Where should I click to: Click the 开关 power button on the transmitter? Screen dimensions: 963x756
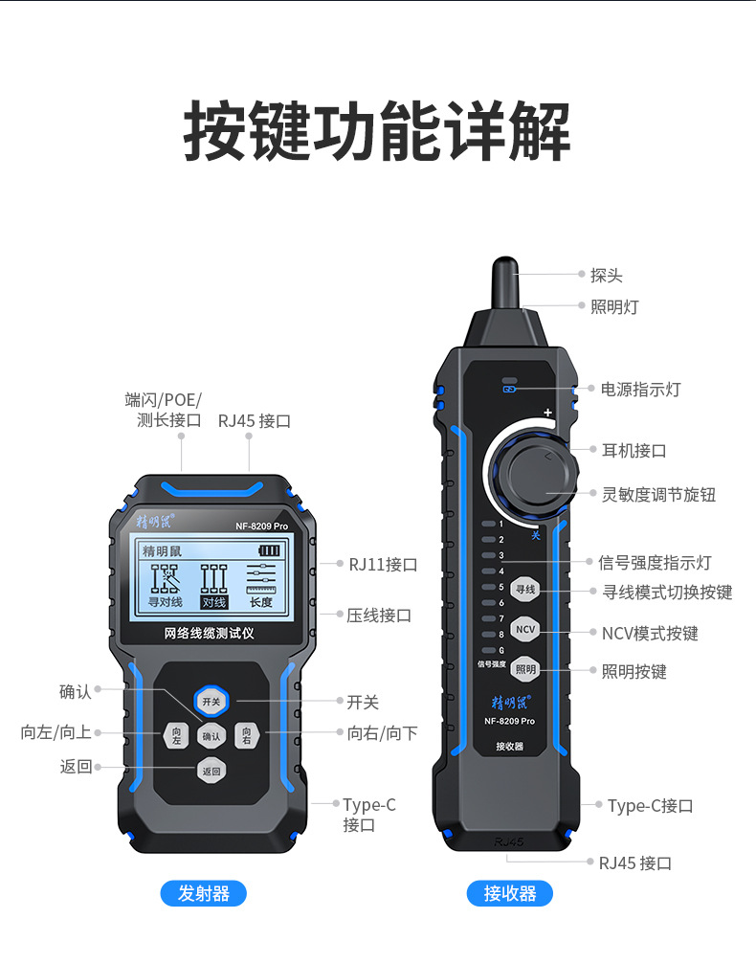tap(211, 702)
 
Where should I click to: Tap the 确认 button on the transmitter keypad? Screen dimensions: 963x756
tap(211, 736)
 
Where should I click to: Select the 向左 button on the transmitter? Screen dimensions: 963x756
tap(176, 736)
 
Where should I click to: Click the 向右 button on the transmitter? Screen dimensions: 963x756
tap(246, 736)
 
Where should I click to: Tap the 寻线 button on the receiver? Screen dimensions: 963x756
tap(525, 590)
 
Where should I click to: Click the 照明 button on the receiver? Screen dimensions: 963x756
tap(525, 669)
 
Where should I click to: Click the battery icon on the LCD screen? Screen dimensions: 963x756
tap(270, 551)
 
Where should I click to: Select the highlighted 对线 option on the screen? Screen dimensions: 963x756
tap(213, 602)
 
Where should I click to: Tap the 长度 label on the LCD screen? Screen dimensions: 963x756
tap(261, 602)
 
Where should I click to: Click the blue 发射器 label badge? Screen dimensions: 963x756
tap(203, 894)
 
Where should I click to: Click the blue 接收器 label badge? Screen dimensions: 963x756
tap(510, 894)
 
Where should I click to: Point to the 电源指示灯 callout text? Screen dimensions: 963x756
tap(640, 390)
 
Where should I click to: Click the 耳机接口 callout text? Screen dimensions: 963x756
tap(634, 451)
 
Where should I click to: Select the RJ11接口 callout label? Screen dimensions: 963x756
tap(383, 565)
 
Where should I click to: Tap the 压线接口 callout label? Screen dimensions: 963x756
tap(379, 616)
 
